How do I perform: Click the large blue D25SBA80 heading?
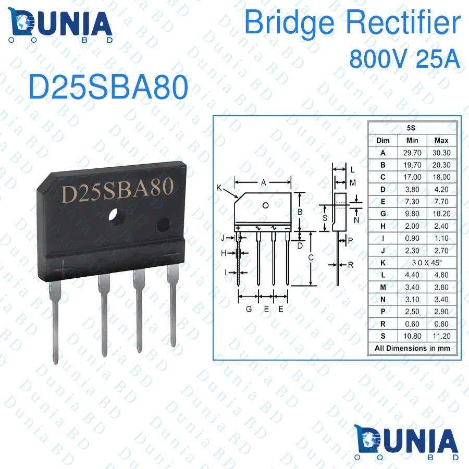point(108,88)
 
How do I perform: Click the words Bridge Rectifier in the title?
point(353,23)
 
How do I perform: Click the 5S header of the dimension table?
point(412,128)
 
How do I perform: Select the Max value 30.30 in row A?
point(441,153)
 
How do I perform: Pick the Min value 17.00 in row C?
point(412,177)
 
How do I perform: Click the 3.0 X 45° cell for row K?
point(426,263)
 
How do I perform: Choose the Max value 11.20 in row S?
point(441,336)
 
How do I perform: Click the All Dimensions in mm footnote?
point(412,348)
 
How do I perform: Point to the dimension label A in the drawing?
point(264,182)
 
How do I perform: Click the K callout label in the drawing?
point(219,187)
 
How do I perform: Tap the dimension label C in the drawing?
point(311,257)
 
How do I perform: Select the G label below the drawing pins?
point(249,309)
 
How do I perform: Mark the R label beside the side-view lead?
point(351,265)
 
